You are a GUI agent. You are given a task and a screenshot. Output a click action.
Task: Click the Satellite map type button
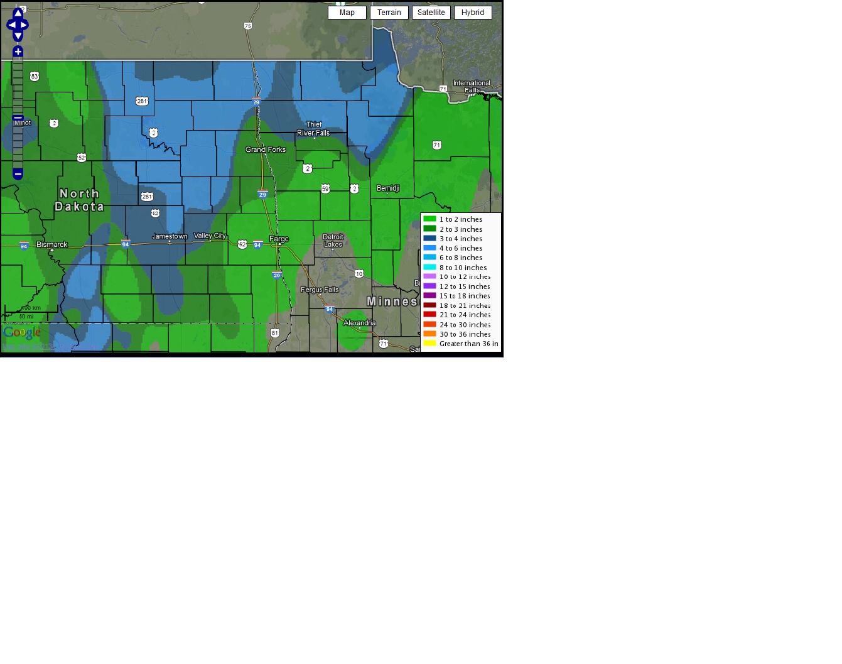tap(431, 13)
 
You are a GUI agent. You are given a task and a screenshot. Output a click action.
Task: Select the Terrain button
tap(389, 13)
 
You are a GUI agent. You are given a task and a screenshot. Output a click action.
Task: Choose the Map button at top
tap(347, 13)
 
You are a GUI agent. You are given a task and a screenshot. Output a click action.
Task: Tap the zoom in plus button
tap(18, 52)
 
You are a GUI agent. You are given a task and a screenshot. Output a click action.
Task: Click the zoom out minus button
tap(18, 174)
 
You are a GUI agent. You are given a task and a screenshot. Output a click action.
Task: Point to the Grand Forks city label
tap(266, 150)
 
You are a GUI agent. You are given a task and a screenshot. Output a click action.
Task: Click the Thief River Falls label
tap(313, 129)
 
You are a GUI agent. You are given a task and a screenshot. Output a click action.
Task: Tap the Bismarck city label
tap(51, 244)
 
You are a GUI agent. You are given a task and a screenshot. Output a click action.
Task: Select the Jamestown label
tap(170, 236)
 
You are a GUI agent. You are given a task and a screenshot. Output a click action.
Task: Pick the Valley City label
tap(210, 236)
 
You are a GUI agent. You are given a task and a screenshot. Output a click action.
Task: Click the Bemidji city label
tap(388, 188)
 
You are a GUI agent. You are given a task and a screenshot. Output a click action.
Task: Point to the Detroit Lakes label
tap(333, 241)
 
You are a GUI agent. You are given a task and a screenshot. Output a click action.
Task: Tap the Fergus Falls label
tap(320, 290)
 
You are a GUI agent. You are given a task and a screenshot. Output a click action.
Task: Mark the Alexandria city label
tap(360, 323)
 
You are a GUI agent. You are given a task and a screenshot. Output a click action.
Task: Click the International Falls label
tap(472, 87)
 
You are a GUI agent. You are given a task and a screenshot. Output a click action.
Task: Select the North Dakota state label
tap(79, 200)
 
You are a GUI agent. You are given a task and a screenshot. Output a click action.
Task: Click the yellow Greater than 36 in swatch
tap(429, 344)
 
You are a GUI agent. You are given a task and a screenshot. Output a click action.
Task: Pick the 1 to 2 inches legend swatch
tap(429, 219)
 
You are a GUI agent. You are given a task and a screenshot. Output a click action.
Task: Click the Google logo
tap(22, 332)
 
